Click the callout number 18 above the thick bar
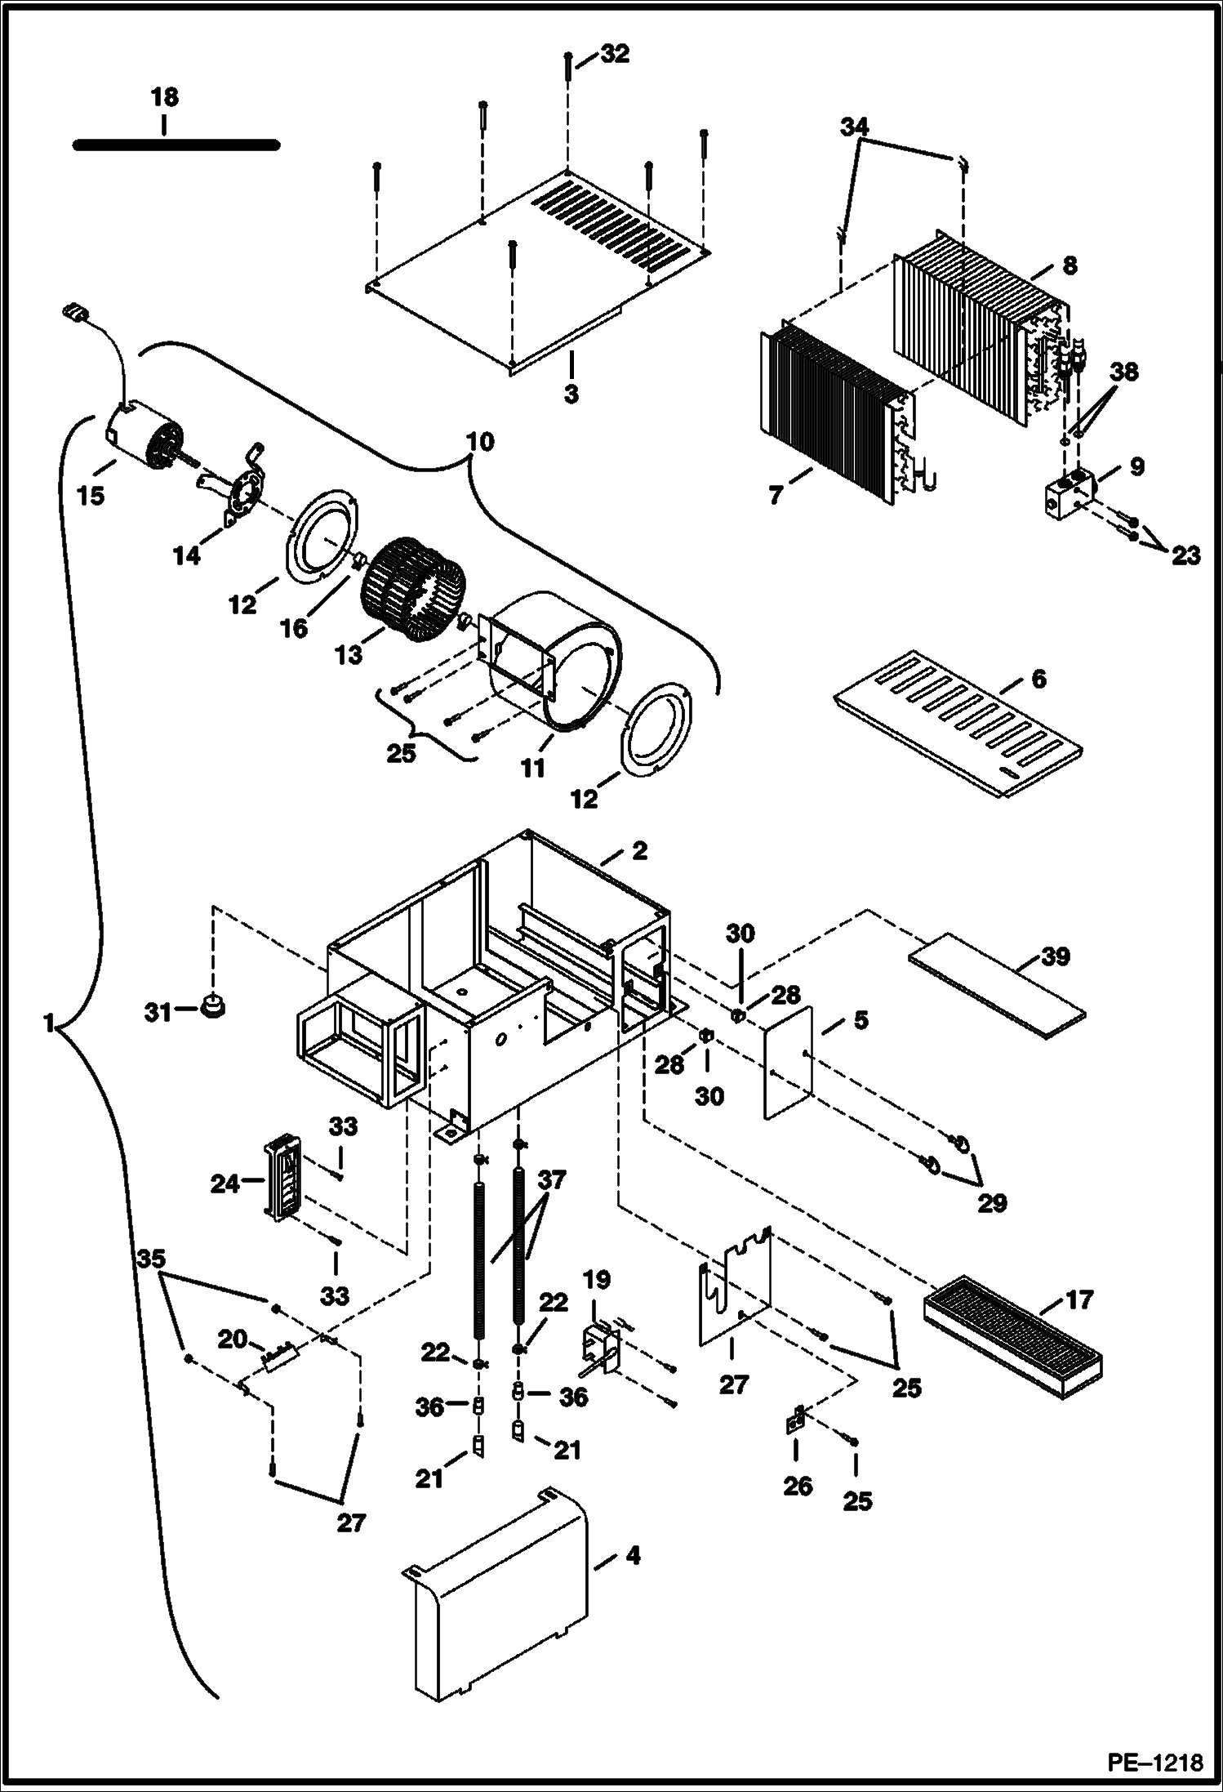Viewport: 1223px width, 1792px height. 164,98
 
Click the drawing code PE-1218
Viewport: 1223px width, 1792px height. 1154,1762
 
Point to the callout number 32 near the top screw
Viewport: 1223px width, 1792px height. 615,54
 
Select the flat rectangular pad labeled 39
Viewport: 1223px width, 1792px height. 998,986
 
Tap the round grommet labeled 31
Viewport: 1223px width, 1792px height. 212,1005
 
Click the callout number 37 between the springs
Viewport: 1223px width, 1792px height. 552,1180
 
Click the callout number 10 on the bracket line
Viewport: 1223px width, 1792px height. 480,442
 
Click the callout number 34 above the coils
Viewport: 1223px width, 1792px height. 854,127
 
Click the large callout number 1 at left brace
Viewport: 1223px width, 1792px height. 49,1023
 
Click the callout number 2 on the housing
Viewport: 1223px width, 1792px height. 639,850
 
